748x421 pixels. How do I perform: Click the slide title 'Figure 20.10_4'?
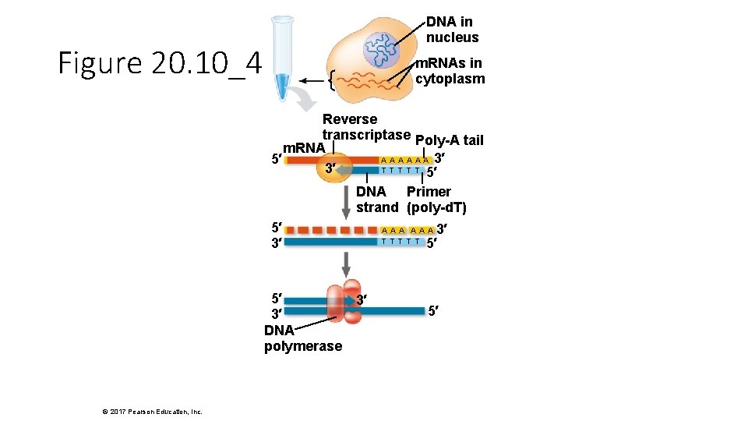point(160,63)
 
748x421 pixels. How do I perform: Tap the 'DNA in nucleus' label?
point(452,30)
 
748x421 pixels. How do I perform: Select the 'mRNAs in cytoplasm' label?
point(450,71)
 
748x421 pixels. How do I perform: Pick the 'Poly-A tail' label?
point(450,140)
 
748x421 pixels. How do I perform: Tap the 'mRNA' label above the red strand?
point(303,148)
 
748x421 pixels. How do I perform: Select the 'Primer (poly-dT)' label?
point(436,200)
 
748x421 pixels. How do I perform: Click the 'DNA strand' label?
point(377,200)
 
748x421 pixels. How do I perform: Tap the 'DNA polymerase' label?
point(302,338)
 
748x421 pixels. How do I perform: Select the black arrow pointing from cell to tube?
point(313,80)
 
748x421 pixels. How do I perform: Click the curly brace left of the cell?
point(332,80)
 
